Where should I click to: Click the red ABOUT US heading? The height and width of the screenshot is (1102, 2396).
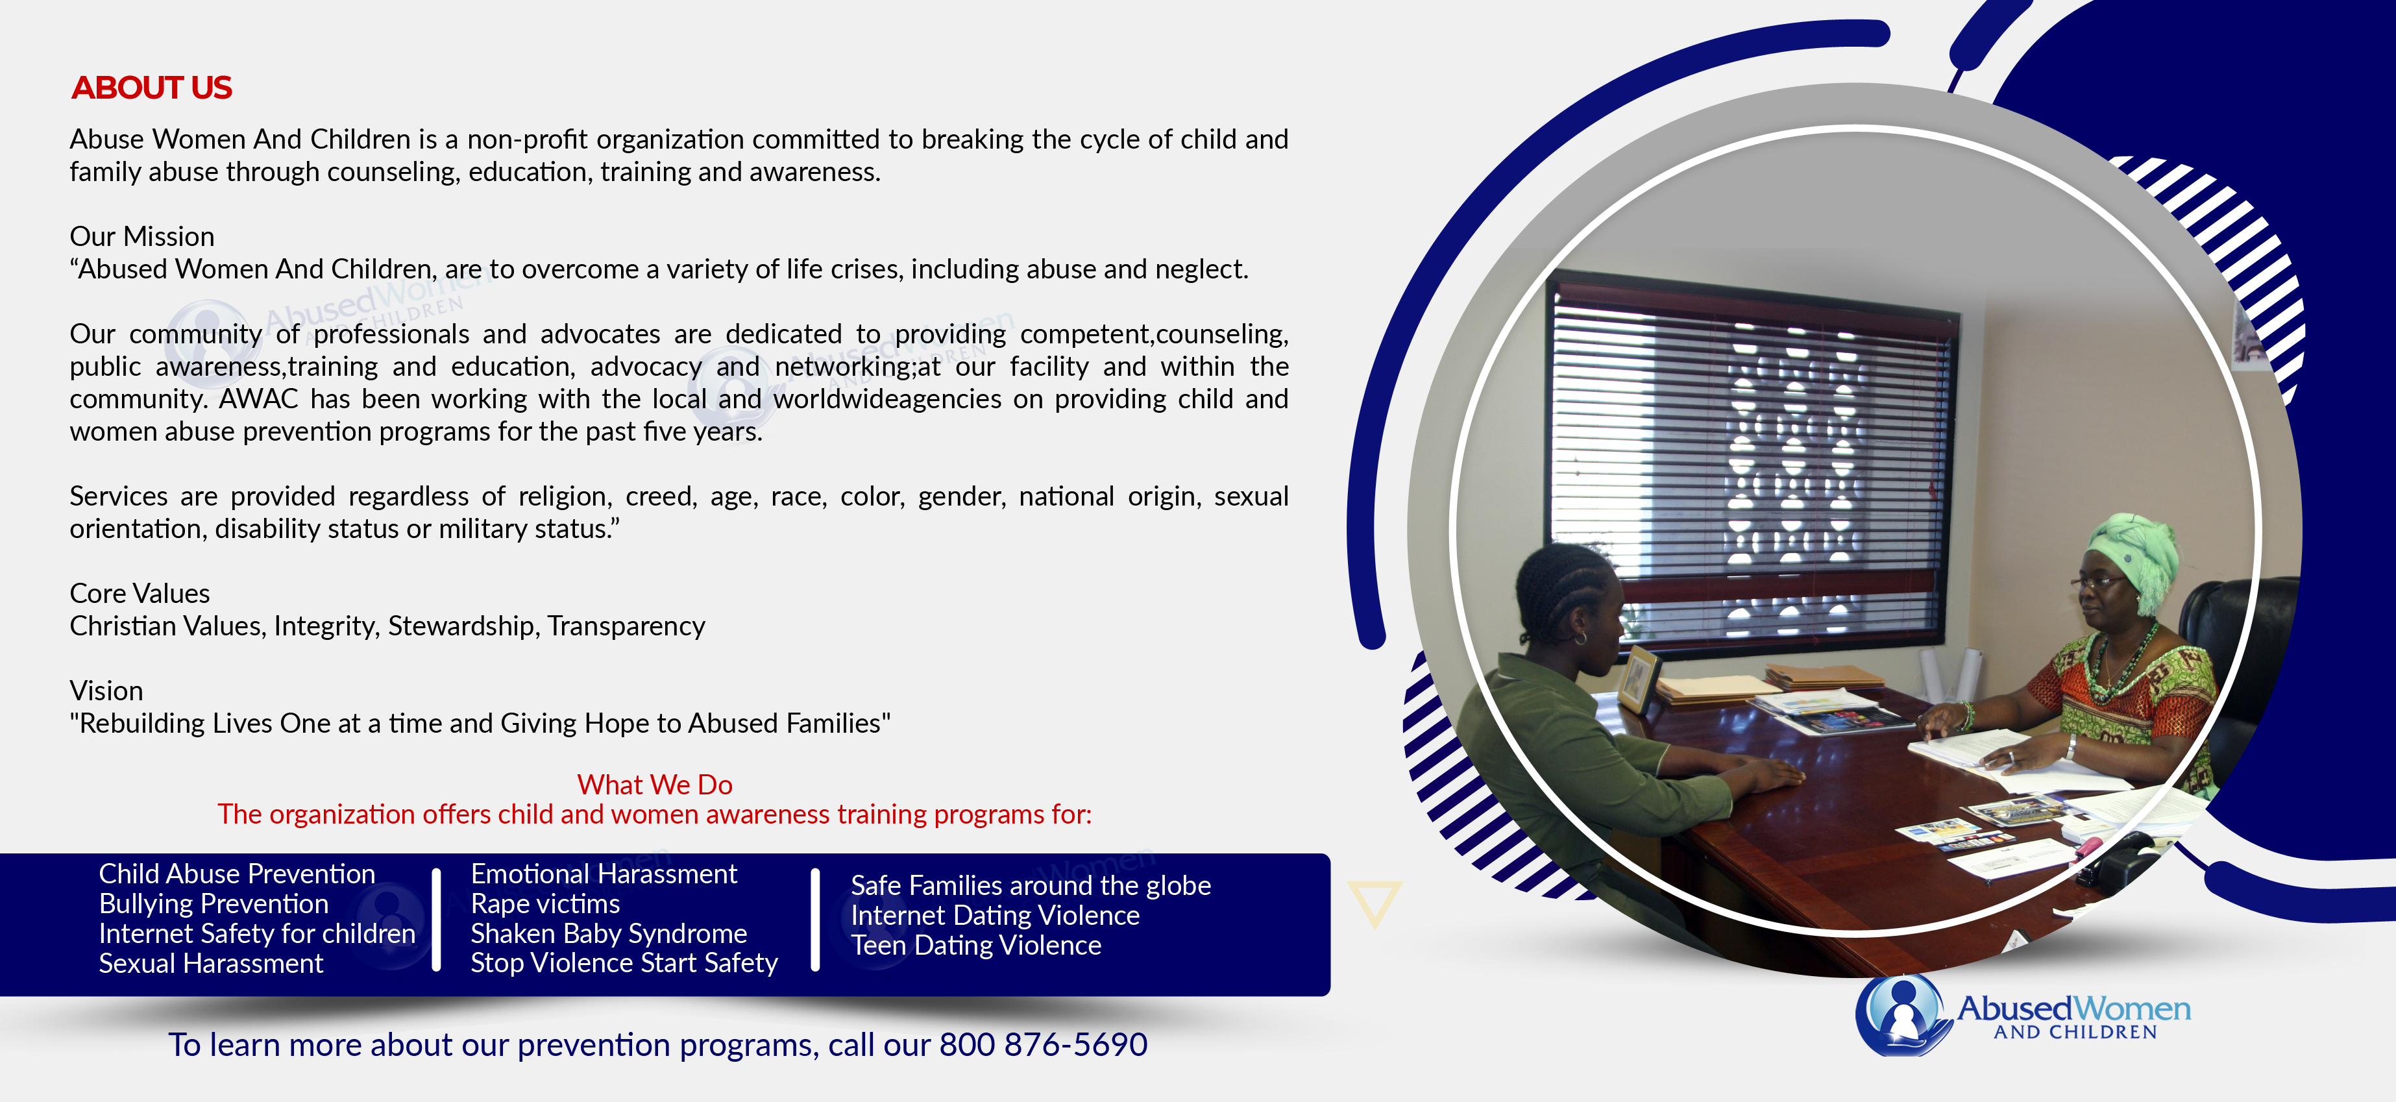152,88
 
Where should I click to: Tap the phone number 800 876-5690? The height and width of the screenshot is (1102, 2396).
1043,1044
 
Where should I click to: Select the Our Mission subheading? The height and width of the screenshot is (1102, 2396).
141,236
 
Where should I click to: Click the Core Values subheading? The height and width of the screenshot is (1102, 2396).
140,593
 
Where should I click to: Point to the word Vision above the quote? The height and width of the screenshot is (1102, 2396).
106,691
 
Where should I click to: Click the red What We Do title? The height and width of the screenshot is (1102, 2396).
655,784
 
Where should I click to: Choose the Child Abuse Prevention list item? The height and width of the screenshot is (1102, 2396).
237,874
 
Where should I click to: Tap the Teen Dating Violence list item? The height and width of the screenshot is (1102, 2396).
975,945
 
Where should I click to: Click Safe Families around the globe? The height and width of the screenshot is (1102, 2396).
1031,885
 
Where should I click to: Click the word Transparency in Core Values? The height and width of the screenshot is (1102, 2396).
626,626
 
